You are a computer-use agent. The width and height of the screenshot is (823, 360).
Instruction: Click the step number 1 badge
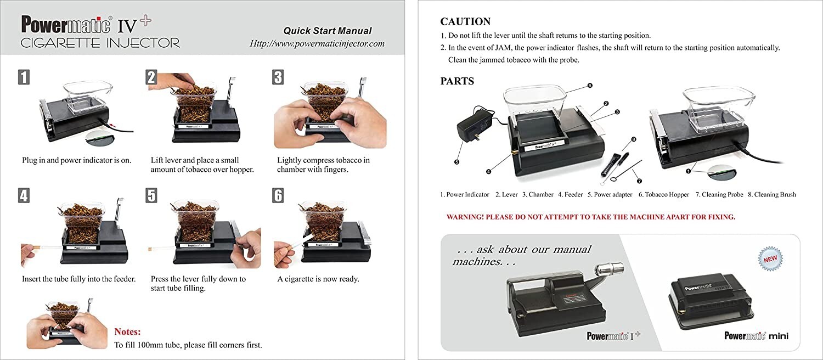click(x=23, y=77)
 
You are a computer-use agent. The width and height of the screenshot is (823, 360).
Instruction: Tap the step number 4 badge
click(x=23, y=195)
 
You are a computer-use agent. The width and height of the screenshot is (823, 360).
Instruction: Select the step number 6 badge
click(x=278, y=195)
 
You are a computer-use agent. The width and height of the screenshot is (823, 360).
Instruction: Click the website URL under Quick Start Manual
click(x=317, y=43)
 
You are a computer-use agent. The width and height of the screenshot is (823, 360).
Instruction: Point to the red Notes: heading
click(x=127, y=332)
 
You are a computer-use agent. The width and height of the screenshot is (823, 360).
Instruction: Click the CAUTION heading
click(x=465, y=22)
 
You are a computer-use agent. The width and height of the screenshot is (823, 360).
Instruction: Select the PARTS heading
click(x=457, y=81)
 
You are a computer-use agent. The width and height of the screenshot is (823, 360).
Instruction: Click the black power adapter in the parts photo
click(x=474, y=126)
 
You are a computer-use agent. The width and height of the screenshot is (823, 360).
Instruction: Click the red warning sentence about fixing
click(x=590, y=217)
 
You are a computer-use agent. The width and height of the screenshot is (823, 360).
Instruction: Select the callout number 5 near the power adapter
click(x=457, y=162)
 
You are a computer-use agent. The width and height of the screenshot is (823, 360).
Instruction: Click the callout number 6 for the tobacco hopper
click(x=589, y=86)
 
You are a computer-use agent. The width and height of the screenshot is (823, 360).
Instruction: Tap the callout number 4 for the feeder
click(x=488, y=172)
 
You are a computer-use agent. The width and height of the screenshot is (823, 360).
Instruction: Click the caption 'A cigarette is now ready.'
click(x=318, y=279)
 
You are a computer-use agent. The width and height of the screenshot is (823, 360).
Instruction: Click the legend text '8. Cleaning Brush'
click(x=771, y=195)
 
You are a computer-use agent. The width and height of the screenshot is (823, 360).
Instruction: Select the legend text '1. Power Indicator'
click(x=465, y=195)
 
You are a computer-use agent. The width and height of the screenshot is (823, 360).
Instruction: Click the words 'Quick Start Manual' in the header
click(x=327, y=31)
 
